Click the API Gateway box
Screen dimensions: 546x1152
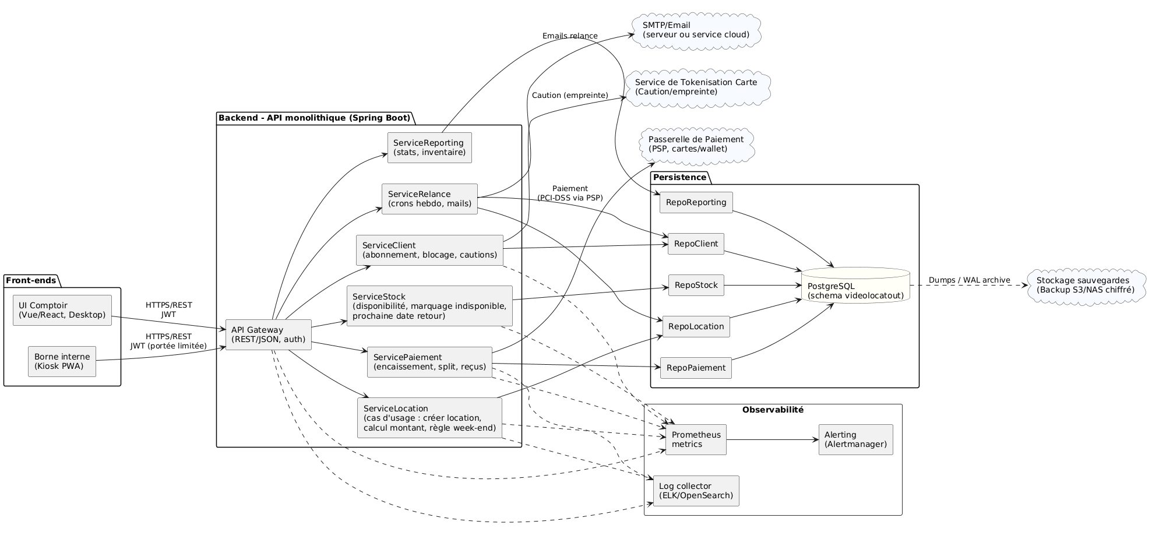(268, 334)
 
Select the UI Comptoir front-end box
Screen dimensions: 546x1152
(62, 310)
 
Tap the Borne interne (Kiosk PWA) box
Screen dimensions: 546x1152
(62, 361)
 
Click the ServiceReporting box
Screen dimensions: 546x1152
(429, 147)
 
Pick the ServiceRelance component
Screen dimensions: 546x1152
(429, 199)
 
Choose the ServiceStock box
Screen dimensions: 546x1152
(429, 306)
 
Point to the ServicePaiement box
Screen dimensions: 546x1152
(429, 362)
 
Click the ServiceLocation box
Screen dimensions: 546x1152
(429, 418)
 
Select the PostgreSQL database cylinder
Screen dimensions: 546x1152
(855, 286)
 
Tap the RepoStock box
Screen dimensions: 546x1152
(696, 285)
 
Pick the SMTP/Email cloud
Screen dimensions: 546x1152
(696, 30)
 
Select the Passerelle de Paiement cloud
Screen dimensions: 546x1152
(696, 144)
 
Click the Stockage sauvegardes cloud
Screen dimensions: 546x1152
(1085, 285)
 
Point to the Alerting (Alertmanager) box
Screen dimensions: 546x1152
(855, 439)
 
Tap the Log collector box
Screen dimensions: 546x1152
(696, 491)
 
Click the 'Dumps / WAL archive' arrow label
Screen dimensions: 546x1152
(968, 280)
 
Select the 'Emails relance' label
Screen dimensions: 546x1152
(569, 36)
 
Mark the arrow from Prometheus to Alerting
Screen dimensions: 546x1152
(772, 439)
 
